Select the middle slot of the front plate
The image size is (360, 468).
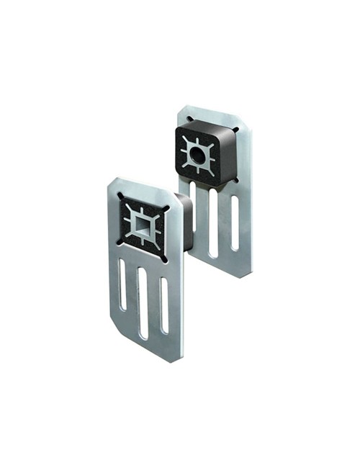[143, 302]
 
